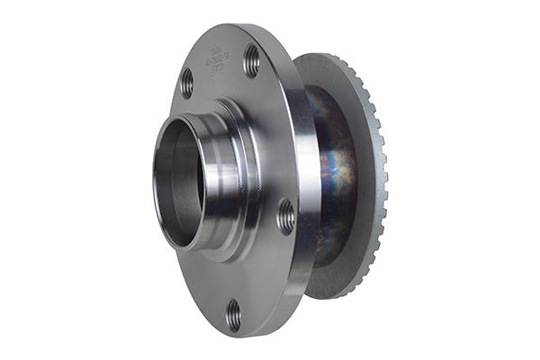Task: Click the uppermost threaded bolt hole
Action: [x=251, y=60]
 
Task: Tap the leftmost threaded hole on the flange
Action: [x=186, y=83]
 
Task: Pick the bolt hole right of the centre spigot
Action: [x=285, y=216]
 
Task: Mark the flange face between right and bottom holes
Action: [x=265, y=270]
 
